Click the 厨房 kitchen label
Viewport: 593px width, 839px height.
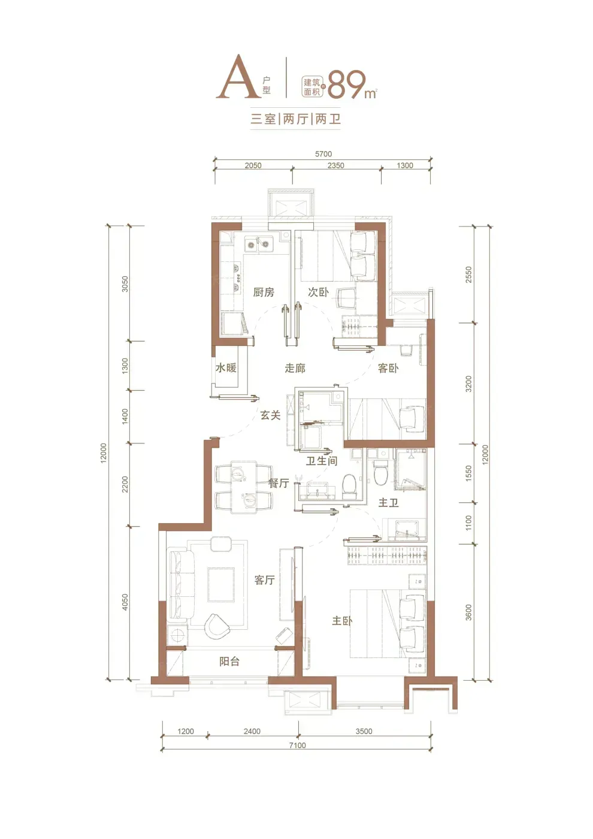(264, 292)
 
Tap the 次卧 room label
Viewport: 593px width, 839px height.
(318, 292)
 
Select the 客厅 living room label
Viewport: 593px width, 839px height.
(265, 580)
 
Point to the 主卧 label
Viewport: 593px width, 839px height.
(342, 621)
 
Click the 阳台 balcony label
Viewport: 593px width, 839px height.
(229, 662)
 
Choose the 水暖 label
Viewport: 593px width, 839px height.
(226, 368)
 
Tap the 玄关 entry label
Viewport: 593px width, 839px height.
(270, 415)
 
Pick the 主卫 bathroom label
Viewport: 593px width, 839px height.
(388, 503)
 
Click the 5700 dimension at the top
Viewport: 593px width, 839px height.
(323, 154)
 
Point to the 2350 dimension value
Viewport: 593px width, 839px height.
(336, 165)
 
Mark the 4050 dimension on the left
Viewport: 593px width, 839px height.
(125, 602)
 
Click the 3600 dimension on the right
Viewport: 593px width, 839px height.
(468, 612)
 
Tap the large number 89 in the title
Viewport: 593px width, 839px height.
(347, 84)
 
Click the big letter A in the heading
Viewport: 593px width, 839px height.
(238, 77)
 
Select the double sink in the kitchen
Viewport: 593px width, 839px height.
(258, 245)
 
